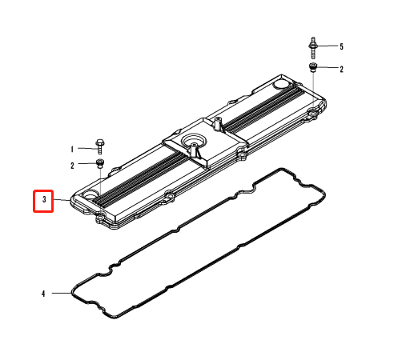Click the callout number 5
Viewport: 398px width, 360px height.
(341, 46)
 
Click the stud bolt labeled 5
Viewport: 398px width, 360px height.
(313, 48)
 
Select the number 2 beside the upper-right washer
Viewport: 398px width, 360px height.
(341, 70)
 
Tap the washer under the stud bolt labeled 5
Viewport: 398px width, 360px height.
(312, 67)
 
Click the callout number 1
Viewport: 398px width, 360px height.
(72, 149)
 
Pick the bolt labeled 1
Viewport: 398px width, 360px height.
(99, 146)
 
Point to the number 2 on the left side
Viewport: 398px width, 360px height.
(72, 166)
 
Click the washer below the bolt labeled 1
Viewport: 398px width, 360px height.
(100, 163)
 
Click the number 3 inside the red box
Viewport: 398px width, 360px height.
(44, 199)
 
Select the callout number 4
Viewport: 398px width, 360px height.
(43, 294)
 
